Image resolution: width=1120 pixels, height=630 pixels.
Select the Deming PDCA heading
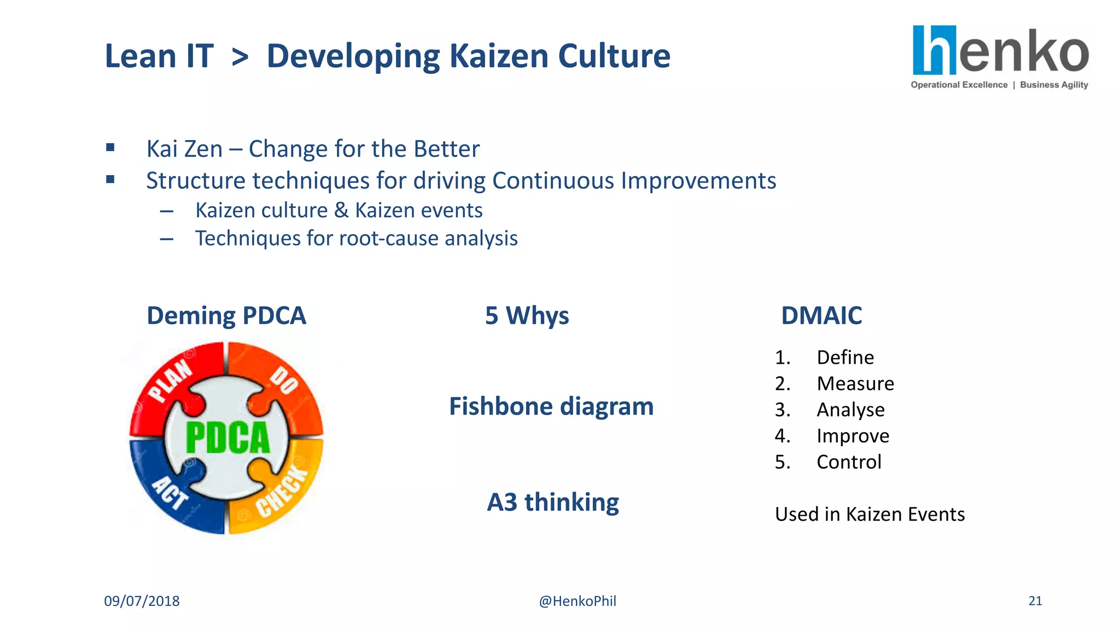[226, 316]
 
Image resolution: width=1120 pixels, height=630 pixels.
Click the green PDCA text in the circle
[227, 437]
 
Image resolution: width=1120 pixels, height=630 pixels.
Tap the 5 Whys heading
[527, 316]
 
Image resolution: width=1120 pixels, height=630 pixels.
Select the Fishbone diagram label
[551, 406]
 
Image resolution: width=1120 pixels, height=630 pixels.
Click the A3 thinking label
[553, 502]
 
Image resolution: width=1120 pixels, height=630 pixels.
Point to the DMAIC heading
[821, 316]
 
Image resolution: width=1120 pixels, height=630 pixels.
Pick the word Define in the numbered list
[845, 357]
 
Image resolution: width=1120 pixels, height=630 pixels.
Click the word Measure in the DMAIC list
[855, 383]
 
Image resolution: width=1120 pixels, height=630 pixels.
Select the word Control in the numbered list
[849, 462]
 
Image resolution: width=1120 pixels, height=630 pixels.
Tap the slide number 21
[1035, 601]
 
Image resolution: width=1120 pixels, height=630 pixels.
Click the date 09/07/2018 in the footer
[142, 601]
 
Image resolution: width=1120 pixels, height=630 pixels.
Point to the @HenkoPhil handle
[577, 601]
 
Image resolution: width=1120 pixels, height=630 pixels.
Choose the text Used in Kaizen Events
[870, 514]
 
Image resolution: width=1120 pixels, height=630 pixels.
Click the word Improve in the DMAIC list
[853, 436]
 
